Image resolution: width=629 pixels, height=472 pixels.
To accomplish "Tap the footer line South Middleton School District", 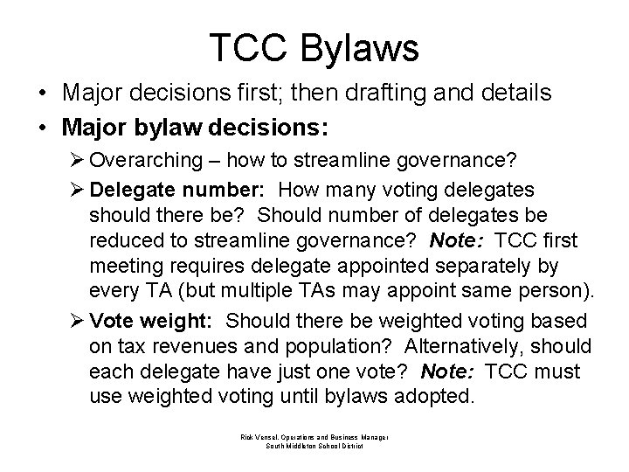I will (x=314, y=445).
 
